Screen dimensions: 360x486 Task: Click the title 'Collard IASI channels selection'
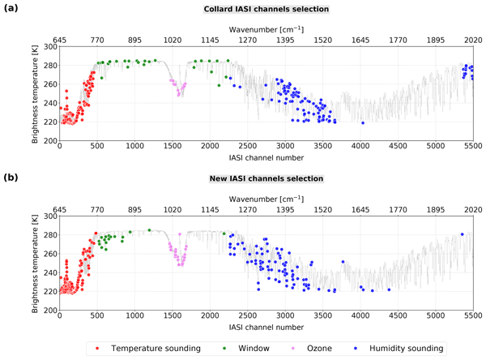[x=266, y=9]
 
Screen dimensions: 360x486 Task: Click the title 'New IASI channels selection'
[x=266, y=178]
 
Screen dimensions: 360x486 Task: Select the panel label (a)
[x=11, y=9]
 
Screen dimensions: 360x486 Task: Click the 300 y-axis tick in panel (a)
[x=50, y=47]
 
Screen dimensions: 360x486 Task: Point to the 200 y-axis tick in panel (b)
[x=50, y=311]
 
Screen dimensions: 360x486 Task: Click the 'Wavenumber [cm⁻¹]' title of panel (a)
[x=266, y=29]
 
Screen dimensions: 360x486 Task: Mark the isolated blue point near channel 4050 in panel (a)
[x=362, y=123]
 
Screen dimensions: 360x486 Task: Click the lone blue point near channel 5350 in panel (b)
[x=462, y=234]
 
